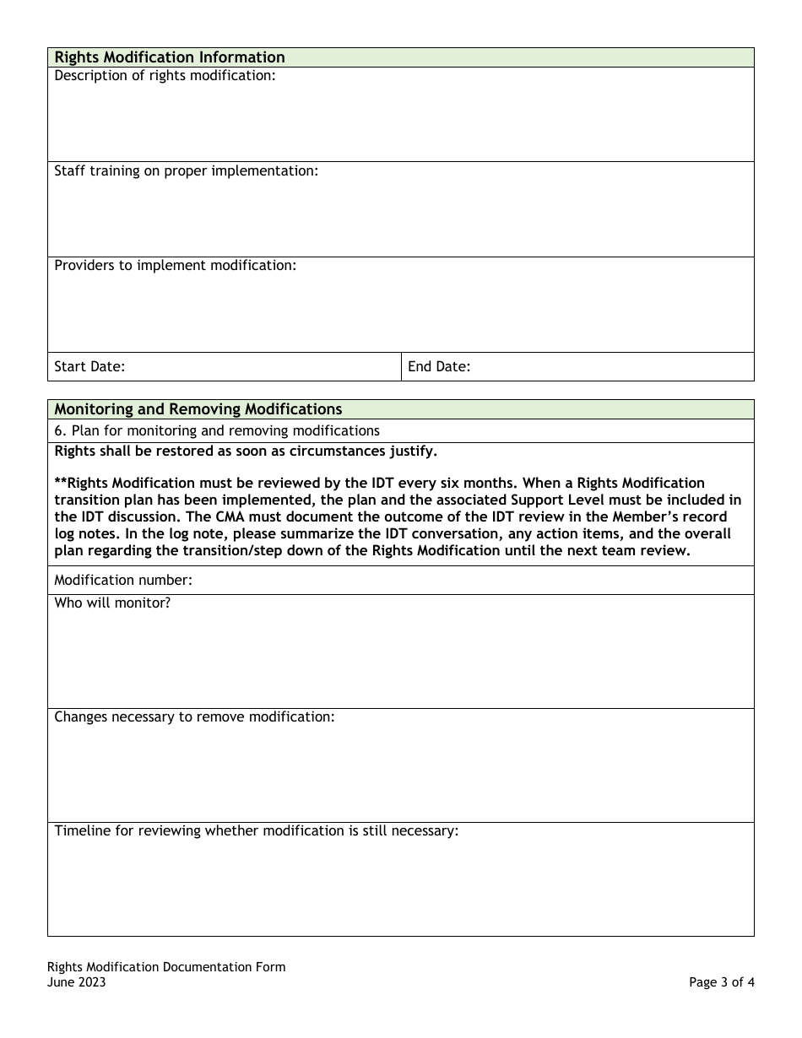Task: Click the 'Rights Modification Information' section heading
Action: pos(170,57)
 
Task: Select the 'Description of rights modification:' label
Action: pos(165,76)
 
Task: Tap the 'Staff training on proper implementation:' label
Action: pos(186,170)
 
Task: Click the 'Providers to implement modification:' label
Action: pos(175,265)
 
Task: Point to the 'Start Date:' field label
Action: pos(89,366)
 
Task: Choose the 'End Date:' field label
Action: pos(439,366)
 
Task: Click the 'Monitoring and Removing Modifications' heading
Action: pos(198,409)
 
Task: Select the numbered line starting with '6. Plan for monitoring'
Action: pos(217,430)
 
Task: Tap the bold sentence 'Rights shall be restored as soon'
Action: pos(246,451)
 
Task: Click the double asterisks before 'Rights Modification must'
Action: pos(60,484)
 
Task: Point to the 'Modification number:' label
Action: pos(123,580)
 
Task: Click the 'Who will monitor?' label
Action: pos(112,603)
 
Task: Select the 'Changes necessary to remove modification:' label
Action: pos(194,716)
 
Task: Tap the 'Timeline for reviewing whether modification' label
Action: pos(256,830)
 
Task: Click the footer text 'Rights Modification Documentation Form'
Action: pos(166,967)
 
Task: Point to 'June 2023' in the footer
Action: pos(77,982)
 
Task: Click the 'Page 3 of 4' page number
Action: pos(721,982)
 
